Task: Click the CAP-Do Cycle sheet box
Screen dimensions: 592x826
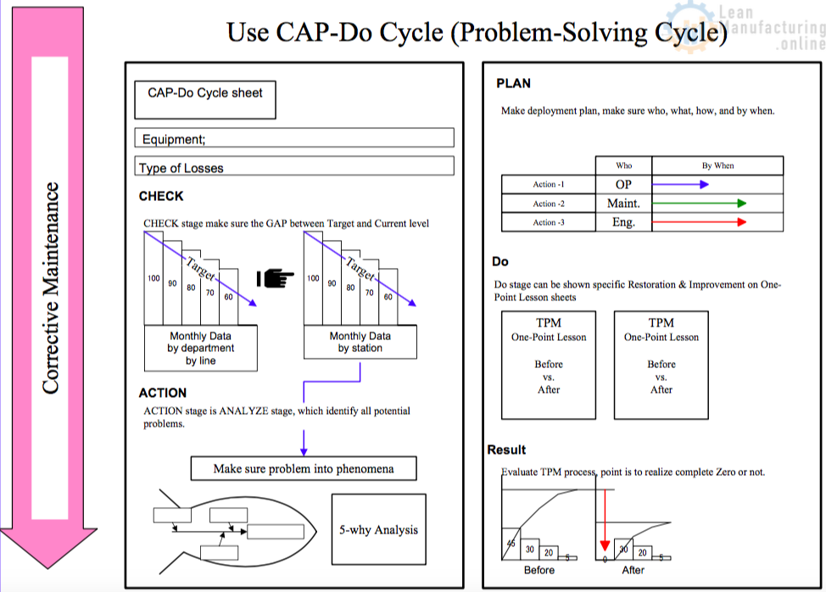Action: [x=205, y=99]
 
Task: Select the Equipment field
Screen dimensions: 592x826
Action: [x=294, y=138]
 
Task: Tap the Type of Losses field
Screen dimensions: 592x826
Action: [x=294, y=167]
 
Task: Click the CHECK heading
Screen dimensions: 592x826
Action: [x=161, y=196]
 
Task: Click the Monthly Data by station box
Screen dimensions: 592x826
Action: [x=360, y=342]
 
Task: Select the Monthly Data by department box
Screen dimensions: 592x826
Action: [x=201, y=348]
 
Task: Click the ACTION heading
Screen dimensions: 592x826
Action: [x=163, y=393]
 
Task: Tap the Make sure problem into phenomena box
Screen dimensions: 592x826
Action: [x=303, y=468]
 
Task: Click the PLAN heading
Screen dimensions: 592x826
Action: [x=513, y=83]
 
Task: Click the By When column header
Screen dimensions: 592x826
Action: [x=717, y=165]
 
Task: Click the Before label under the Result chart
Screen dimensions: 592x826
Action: [x=539, y=570]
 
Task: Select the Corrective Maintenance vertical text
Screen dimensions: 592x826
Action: [x=51, y=288]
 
